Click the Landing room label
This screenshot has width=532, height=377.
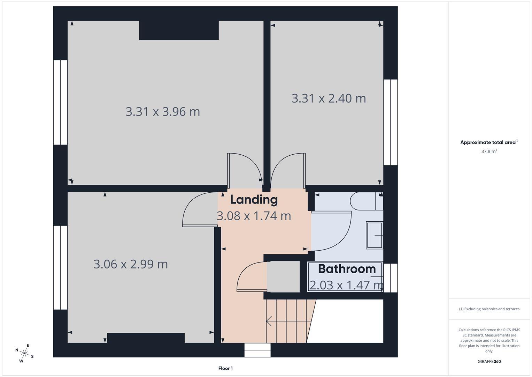pyautogui.click(x=254, y=200)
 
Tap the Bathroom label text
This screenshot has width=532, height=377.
pyautogui.click(x=347, y=269)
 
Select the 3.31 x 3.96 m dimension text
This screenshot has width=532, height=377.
pyautogui.click(x=163, y=112)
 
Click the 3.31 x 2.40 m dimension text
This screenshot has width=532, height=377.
pyautogui.click(x=329, y=98)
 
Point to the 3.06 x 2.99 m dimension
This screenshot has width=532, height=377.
pyautogui.click(x=131, y=264)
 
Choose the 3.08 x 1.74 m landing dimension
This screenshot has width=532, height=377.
pyautogui.click(x=254, y=216)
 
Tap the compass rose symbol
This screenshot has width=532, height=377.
pyautogui.click(x=24, y=353)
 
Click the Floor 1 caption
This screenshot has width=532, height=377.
pyautogui.click(x=225, y=368)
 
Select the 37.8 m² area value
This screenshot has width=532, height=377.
pyautogui.click(x=489, y=151)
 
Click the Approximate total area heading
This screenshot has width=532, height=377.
pyautogui.click(x=489, y=142)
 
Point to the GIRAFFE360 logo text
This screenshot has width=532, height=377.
pyautogui.click(x=489, y=361)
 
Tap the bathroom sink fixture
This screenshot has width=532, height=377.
pyautogui.click(x=375, y=235)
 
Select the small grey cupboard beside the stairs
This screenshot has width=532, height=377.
pyautogui.click(x=283, y=276)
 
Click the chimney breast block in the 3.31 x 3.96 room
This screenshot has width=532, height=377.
pyautogui.click(x=179, y=30)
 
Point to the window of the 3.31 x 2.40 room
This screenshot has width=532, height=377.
pyautogui.click(x=391, y=122)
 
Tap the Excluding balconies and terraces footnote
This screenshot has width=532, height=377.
pyautogui.click(x=489, y=309)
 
